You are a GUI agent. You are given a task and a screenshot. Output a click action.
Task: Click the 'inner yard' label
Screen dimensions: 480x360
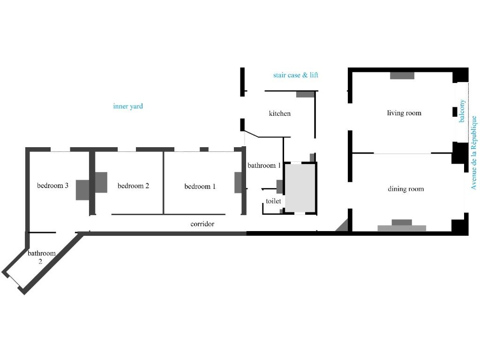pos(128,106)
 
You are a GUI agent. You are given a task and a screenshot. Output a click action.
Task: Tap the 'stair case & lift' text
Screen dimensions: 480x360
pos(296,75)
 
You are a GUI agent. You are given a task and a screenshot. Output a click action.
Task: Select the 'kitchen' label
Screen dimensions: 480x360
pos(279,113)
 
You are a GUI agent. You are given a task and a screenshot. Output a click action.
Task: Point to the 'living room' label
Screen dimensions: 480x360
pos(404,113)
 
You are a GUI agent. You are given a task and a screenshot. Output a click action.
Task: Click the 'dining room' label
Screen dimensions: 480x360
pos(406,189)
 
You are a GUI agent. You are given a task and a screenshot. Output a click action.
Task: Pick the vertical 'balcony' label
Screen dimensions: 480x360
pos(462,111)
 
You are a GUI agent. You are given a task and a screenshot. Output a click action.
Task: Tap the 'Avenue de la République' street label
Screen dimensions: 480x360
pos(473,152)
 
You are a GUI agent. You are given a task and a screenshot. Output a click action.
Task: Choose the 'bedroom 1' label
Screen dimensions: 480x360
pos(200,187)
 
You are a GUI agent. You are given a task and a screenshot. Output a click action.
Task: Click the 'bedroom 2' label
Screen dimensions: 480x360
pos(133,186)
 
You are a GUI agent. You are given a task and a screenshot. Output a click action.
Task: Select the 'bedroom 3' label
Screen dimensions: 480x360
pos(52,186)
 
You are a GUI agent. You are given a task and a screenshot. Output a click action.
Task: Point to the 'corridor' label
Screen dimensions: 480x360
pos(202,224)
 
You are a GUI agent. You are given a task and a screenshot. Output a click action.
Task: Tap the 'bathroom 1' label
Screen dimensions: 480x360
pos(264,165)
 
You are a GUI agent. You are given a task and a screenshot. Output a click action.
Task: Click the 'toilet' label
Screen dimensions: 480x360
pos(273,201)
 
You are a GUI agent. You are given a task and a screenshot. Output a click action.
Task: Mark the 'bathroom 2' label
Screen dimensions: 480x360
pos(42,257)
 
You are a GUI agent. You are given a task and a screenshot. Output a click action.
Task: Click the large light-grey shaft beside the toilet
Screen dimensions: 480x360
pos(300,188)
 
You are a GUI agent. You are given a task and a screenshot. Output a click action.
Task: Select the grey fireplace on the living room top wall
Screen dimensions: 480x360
pos(402,75)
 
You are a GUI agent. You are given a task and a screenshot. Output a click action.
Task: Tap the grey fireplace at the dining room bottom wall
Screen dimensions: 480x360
pos(402,225)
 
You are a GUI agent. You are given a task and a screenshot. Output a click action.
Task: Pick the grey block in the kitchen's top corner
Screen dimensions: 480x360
pos(305,94)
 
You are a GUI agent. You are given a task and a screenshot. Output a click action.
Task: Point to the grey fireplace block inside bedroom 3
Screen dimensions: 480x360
pos(82,190)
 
